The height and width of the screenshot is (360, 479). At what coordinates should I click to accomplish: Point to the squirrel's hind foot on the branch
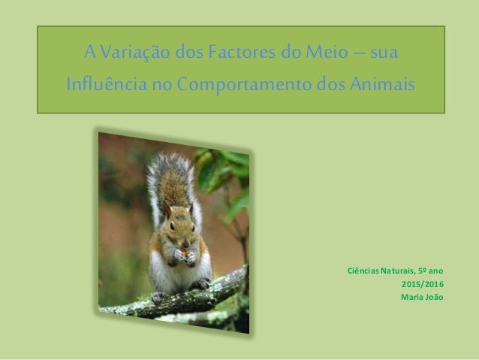click(200, 284)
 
